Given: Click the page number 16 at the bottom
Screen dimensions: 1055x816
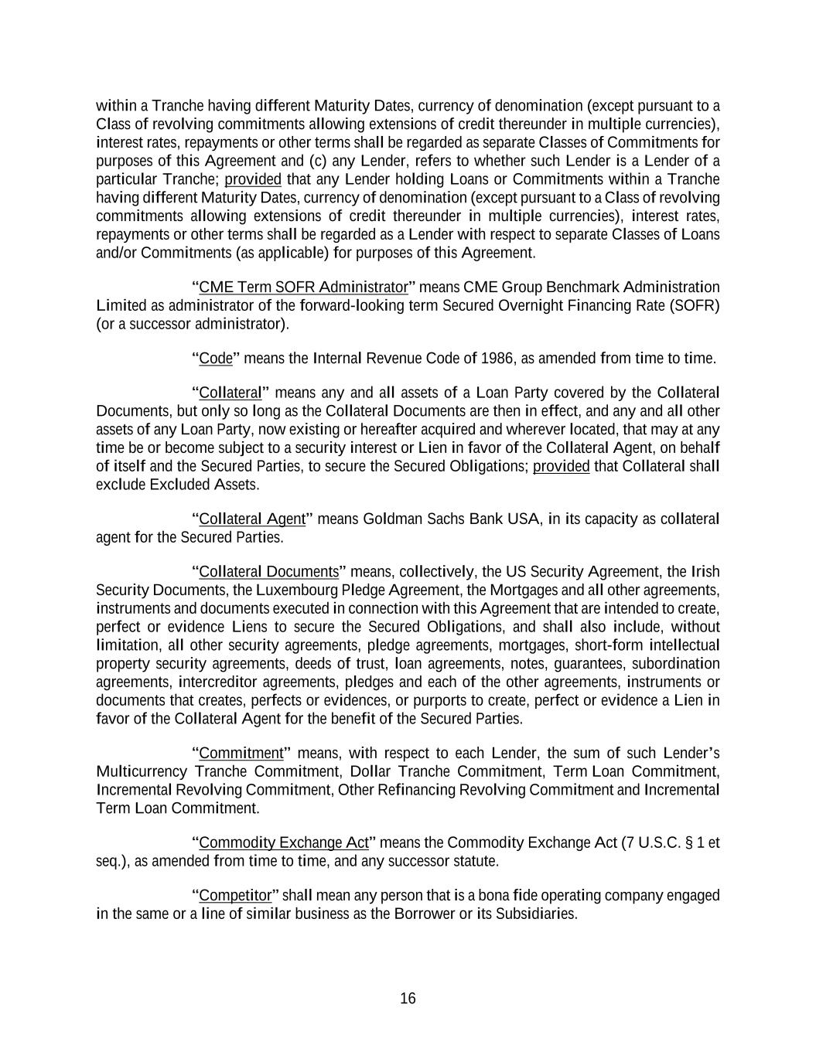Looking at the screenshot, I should [x=408, y=999].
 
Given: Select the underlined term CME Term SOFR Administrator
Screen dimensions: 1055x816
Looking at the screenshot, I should [x=303, y=288].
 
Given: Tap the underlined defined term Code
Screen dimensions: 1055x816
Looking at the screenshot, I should [x=216, y=359].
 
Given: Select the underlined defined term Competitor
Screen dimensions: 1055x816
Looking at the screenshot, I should [x=235, y=896].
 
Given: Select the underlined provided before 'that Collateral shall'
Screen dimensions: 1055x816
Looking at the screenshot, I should [x=562, y=467].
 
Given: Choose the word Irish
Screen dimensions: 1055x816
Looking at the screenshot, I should [x=705, y=572].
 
